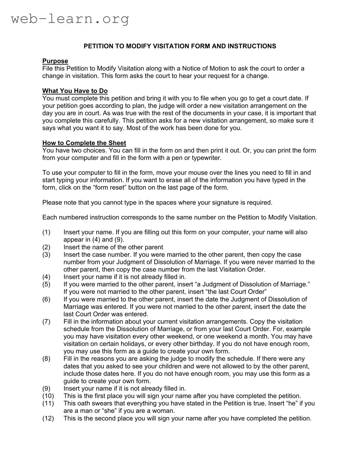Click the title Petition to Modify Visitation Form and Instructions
click(x=180, y=46)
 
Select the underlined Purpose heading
click(x=55, y=61)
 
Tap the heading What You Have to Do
click(x=75, y=91)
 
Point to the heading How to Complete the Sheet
click(x=84, y=143)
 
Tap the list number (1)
click(x=46, y=232)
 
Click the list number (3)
click(x=46, y=255)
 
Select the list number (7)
click(x=46, y=322)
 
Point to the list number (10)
click(x=48, y=396)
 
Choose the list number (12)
click(x=48, y=419)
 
